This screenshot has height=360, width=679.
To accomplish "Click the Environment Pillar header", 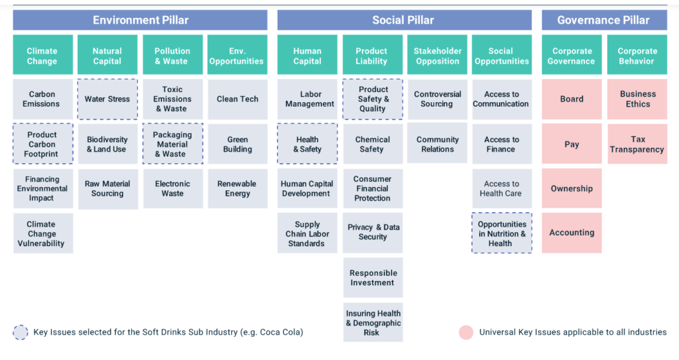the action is click(140, 20).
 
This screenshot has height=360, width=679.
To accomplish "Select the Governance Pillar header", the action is click(604, 20).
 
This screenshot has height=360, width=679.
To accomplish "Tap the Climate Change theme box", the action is click(43, 54).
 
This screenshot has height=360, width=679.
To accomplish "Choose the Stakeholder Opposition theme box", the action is click(437, 54).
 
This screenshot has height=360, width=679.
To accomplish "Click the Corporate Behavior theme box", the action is click(637, 54).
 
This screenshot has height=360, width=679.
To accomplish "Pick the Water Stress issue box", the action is click(107, 99).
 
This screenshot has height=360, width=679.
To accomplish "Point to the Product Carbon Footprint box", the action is click(43, 144).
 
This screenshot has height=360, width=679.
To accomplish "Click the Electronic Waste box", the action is click(173, 188).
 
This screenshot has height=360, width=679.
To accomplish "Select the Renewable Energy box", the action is click(237, 188).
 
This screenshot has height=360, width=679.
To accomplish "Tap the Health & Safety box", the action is click(308, 144).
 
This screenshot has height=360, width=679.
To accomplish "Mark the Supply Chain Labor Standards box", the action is click(308, 233).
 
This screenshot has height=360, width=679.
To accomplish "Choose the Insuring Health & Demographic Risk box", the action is click(373, 322).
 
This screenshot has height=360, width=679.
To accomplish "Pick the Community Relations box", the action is click(437, 143).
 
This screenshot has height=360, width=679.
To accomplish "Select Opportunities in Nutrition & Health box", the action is click(502, 233).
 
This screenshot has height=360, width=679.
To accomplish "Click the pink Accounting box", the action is click(572, 233).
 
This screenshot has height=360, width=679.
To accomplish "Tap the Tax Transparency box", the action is click(637, 144).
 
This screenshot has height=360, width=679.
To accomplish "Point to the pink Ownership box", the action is click(572, 188).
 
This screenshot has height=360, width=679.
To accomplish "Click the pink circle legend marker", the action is click(466, 332).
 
